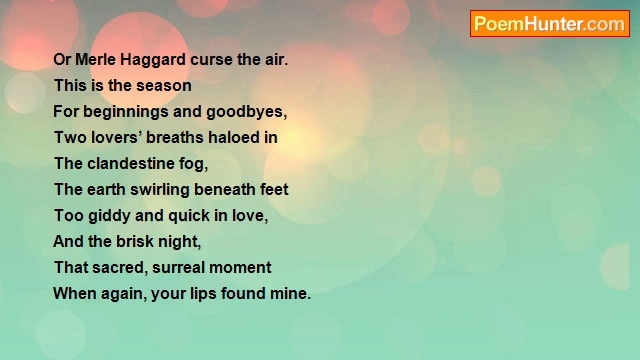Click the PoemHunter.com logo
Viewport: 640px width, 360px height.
coord(550,24)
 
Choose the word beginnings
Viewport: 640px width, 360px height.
coord(126,112)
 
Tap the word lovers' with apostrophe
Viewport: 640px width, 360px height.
coord(117,137)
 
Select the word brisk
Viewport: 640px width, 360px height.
coord(135,241)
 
